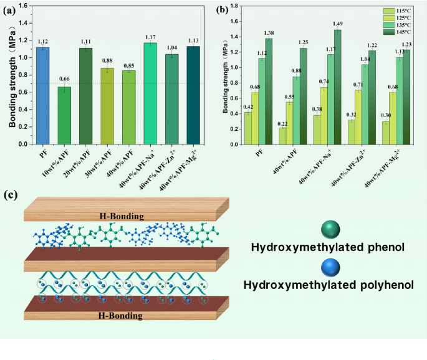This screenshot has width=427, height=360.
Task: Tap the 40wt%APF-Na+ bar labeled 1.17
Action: pyautogui.click(x=151, y=93)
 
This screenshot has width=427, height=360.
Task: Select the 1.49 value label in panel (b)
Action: pyautogui.click(x=337, y=23)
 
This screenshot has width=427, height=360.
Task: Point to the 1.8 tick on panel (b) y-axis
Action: pyautogui.click(x=235, y=6)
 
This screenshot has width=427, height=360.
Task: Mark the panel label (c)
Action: pyautogui.click(x=11, y=194)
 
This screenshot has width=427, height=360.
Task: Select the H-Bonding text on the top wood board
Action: pyautogui.click(x=122, y=216)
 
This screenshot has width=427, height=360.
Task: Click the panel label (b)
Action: pyautogui.click(x=221, y=9)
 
